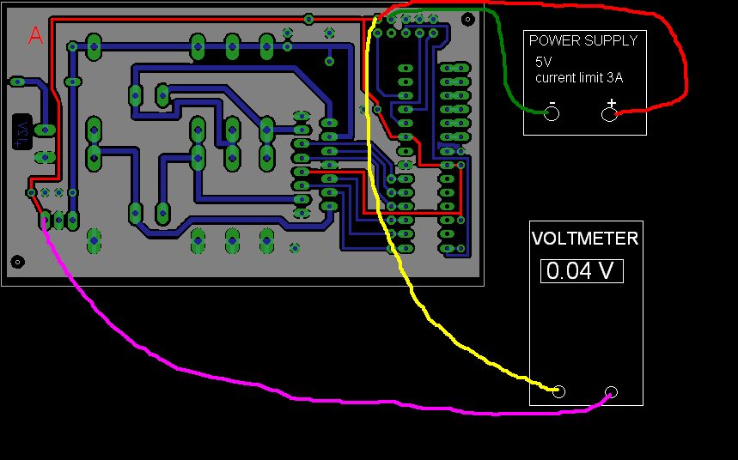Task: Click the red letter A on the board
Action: [35, 35]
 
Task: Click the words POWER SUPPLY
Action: [582, 40]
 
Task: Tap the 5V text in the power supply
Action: [544, 62]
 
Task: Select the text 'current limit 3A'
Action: [578, 77]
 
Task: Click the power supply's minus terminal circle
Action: [552, 114]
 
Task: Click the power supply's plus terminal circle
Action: [609, 114]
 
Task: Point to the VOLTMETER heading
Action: [585, 239]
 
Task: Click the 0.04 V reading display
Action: [582, 271]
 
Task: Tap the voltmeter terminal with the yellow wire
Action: [559, 392]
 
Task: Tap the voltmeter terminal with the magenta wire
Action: [611, 393]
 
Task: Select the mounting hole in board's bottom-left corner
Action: [16, 261]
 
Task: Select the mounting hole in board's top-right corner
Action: [467, 18]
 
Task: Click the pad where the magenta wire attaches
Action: [44, 221]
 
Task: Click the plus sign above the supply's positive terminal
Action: [611, 103]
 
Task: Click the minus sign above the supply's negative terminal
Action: [552, 103]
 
